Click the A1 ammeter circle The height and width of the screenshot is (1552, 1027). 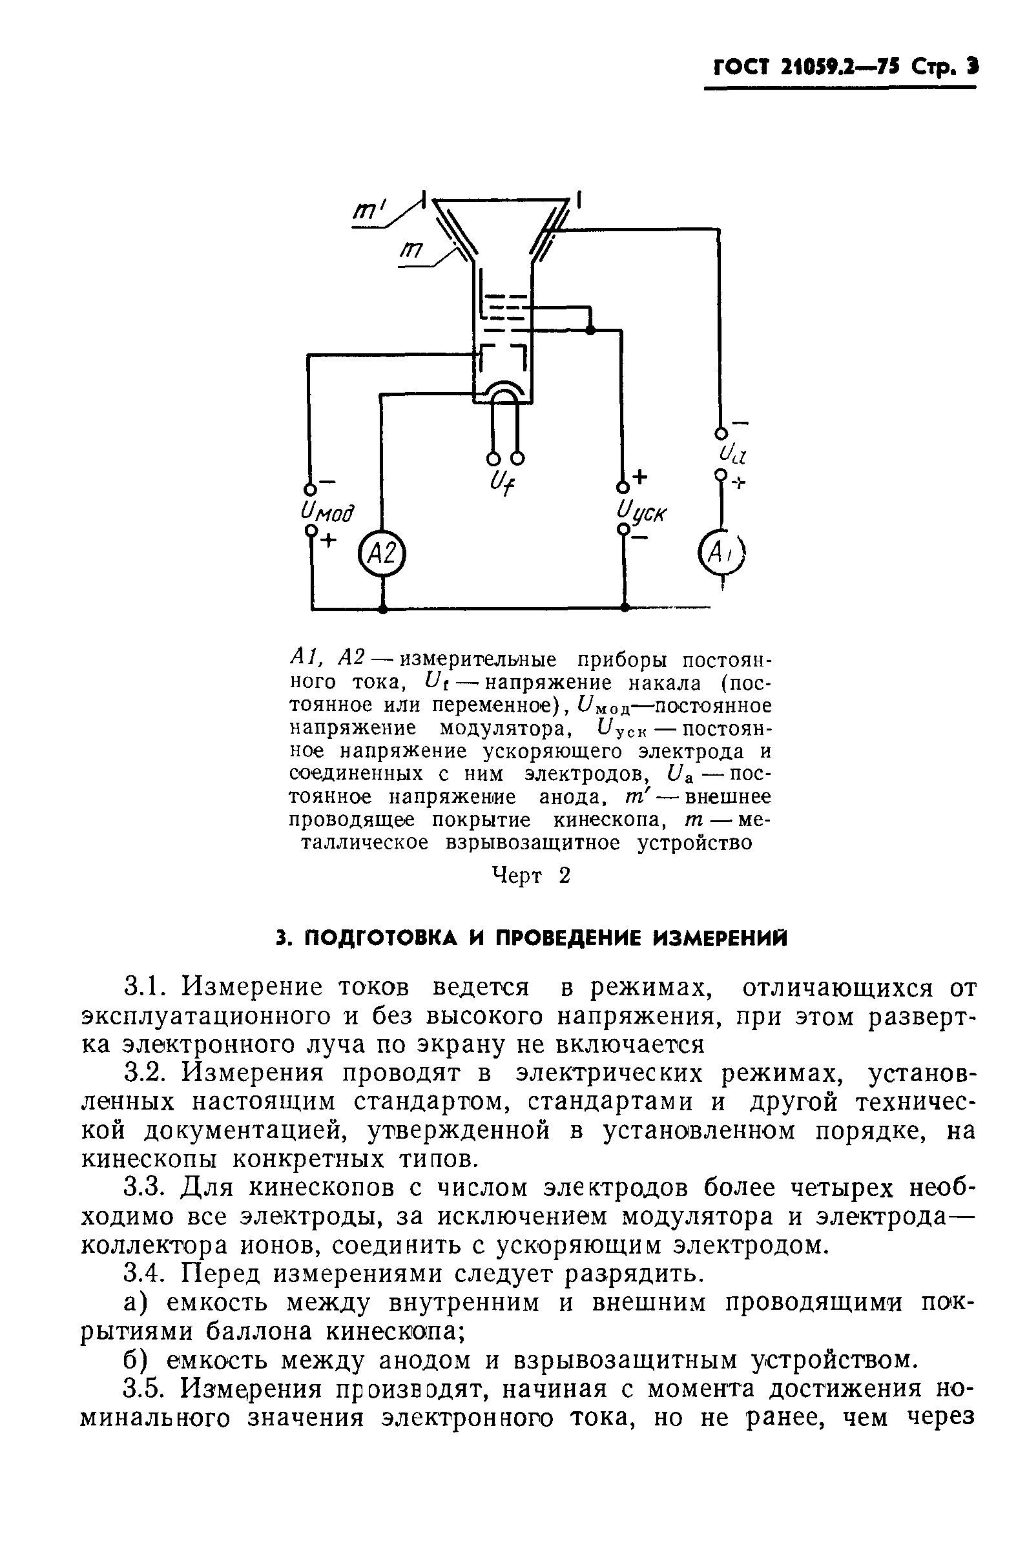pos(723,553)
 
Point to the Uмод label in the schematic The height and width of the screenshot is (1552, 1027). pos(327,512)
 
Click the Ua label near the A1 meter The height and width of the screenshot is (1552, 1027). pos(729,452)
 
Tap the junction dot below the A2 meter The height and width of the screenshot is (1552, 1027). pos(382,608)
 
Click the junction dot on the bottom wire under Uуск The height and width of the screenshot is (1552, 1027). pos(624,608)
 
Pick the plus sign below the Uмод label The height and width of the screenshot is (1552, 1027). pos(327,540)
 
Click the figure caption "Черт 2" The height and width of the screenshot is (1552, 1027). pos(531,876)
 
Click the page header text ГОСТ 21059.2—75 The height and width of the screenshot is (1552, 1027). pos(805,67)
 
